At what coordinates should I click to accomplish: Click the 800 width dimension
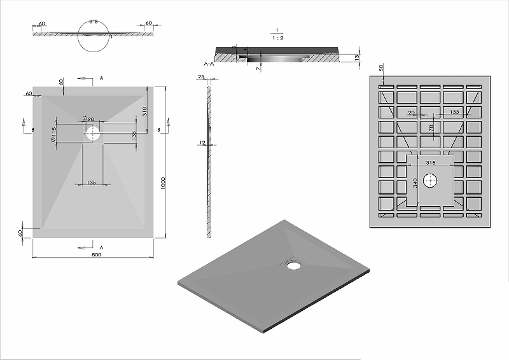point(96,254)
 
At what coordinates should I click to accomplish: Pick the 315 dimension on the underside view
point(430,163)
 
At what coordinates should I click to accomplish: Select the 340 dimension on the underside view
point(415,183)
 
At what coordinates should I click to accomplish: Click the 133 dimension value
point(454,112)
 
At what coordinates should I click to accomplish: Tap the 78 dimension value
point(430,128)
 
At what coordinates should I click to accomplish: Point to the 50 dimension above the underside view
point(381,67)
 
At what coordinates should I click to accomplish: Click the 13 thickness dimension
point(358,58)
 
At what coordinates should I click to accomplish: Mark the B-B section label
point(94,22)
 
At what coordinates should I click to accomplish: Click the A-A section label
point(208,64)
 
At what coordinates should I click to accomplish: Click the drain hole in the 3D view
point(293,263)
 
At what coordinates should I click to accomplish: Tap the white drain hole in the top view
point(94,133)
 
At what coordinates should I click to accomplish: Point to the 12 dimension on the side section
point(203,143)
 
